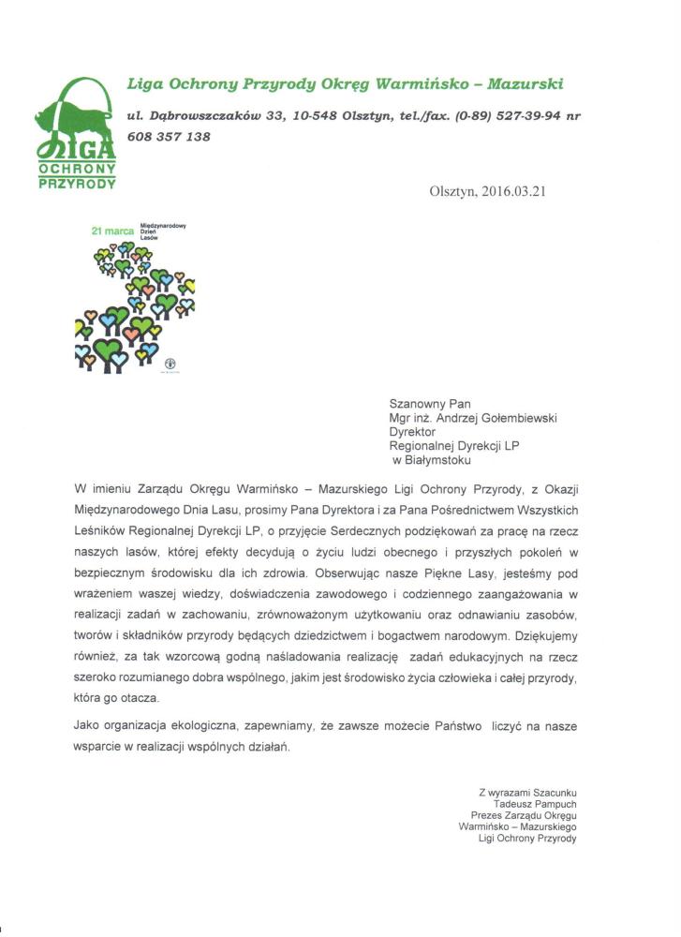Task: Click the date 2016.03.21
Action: [514, 191]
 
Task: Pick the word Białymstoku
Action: [438, 460]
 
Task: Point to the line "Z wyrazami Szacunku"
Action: [527, 792]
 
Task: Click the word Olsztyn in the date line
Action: [452, 191]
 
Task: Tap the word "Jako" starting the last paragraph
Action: [85, 725]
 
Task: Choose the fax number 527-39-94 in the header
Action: [524, 115]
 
